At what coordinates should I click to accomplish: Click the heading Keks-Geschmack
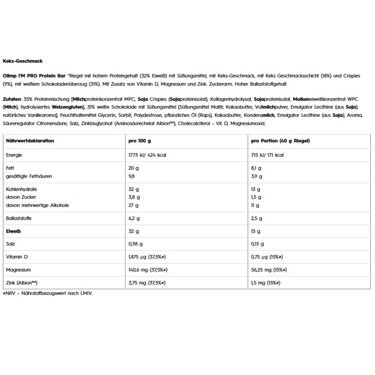23,61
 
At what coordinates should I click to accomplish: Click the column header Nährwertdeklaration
30,141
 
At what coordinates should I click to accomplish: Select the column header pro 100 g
140,141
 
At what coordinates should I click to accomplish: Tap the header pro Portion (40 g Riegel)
280,141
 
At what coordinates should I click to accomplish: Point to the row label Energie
14,155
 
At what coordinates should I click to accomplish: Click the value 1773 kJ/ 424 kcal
147,155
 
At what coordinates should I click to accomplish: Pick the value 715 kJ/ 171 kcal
267,155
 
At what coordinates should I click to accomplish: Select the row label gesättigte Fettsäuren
29,176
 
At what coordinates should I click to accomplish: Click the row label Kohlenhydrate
21,189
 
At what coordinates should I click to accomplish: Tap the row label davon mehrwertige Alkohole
37,205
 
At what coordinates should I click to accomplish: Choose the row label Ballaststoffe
19,218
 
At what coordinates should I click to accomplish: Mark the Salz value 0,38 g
135,244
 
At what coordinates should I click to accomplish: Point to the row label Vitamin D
17,257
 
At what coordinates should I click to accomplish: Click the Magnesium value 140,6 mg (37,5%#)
147,270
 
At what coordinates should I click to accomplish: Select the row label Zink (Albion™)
21,282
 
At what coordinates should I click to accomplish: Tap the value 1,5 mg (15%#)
266,282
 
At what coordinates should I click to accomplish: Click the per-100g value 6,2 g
134,218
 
